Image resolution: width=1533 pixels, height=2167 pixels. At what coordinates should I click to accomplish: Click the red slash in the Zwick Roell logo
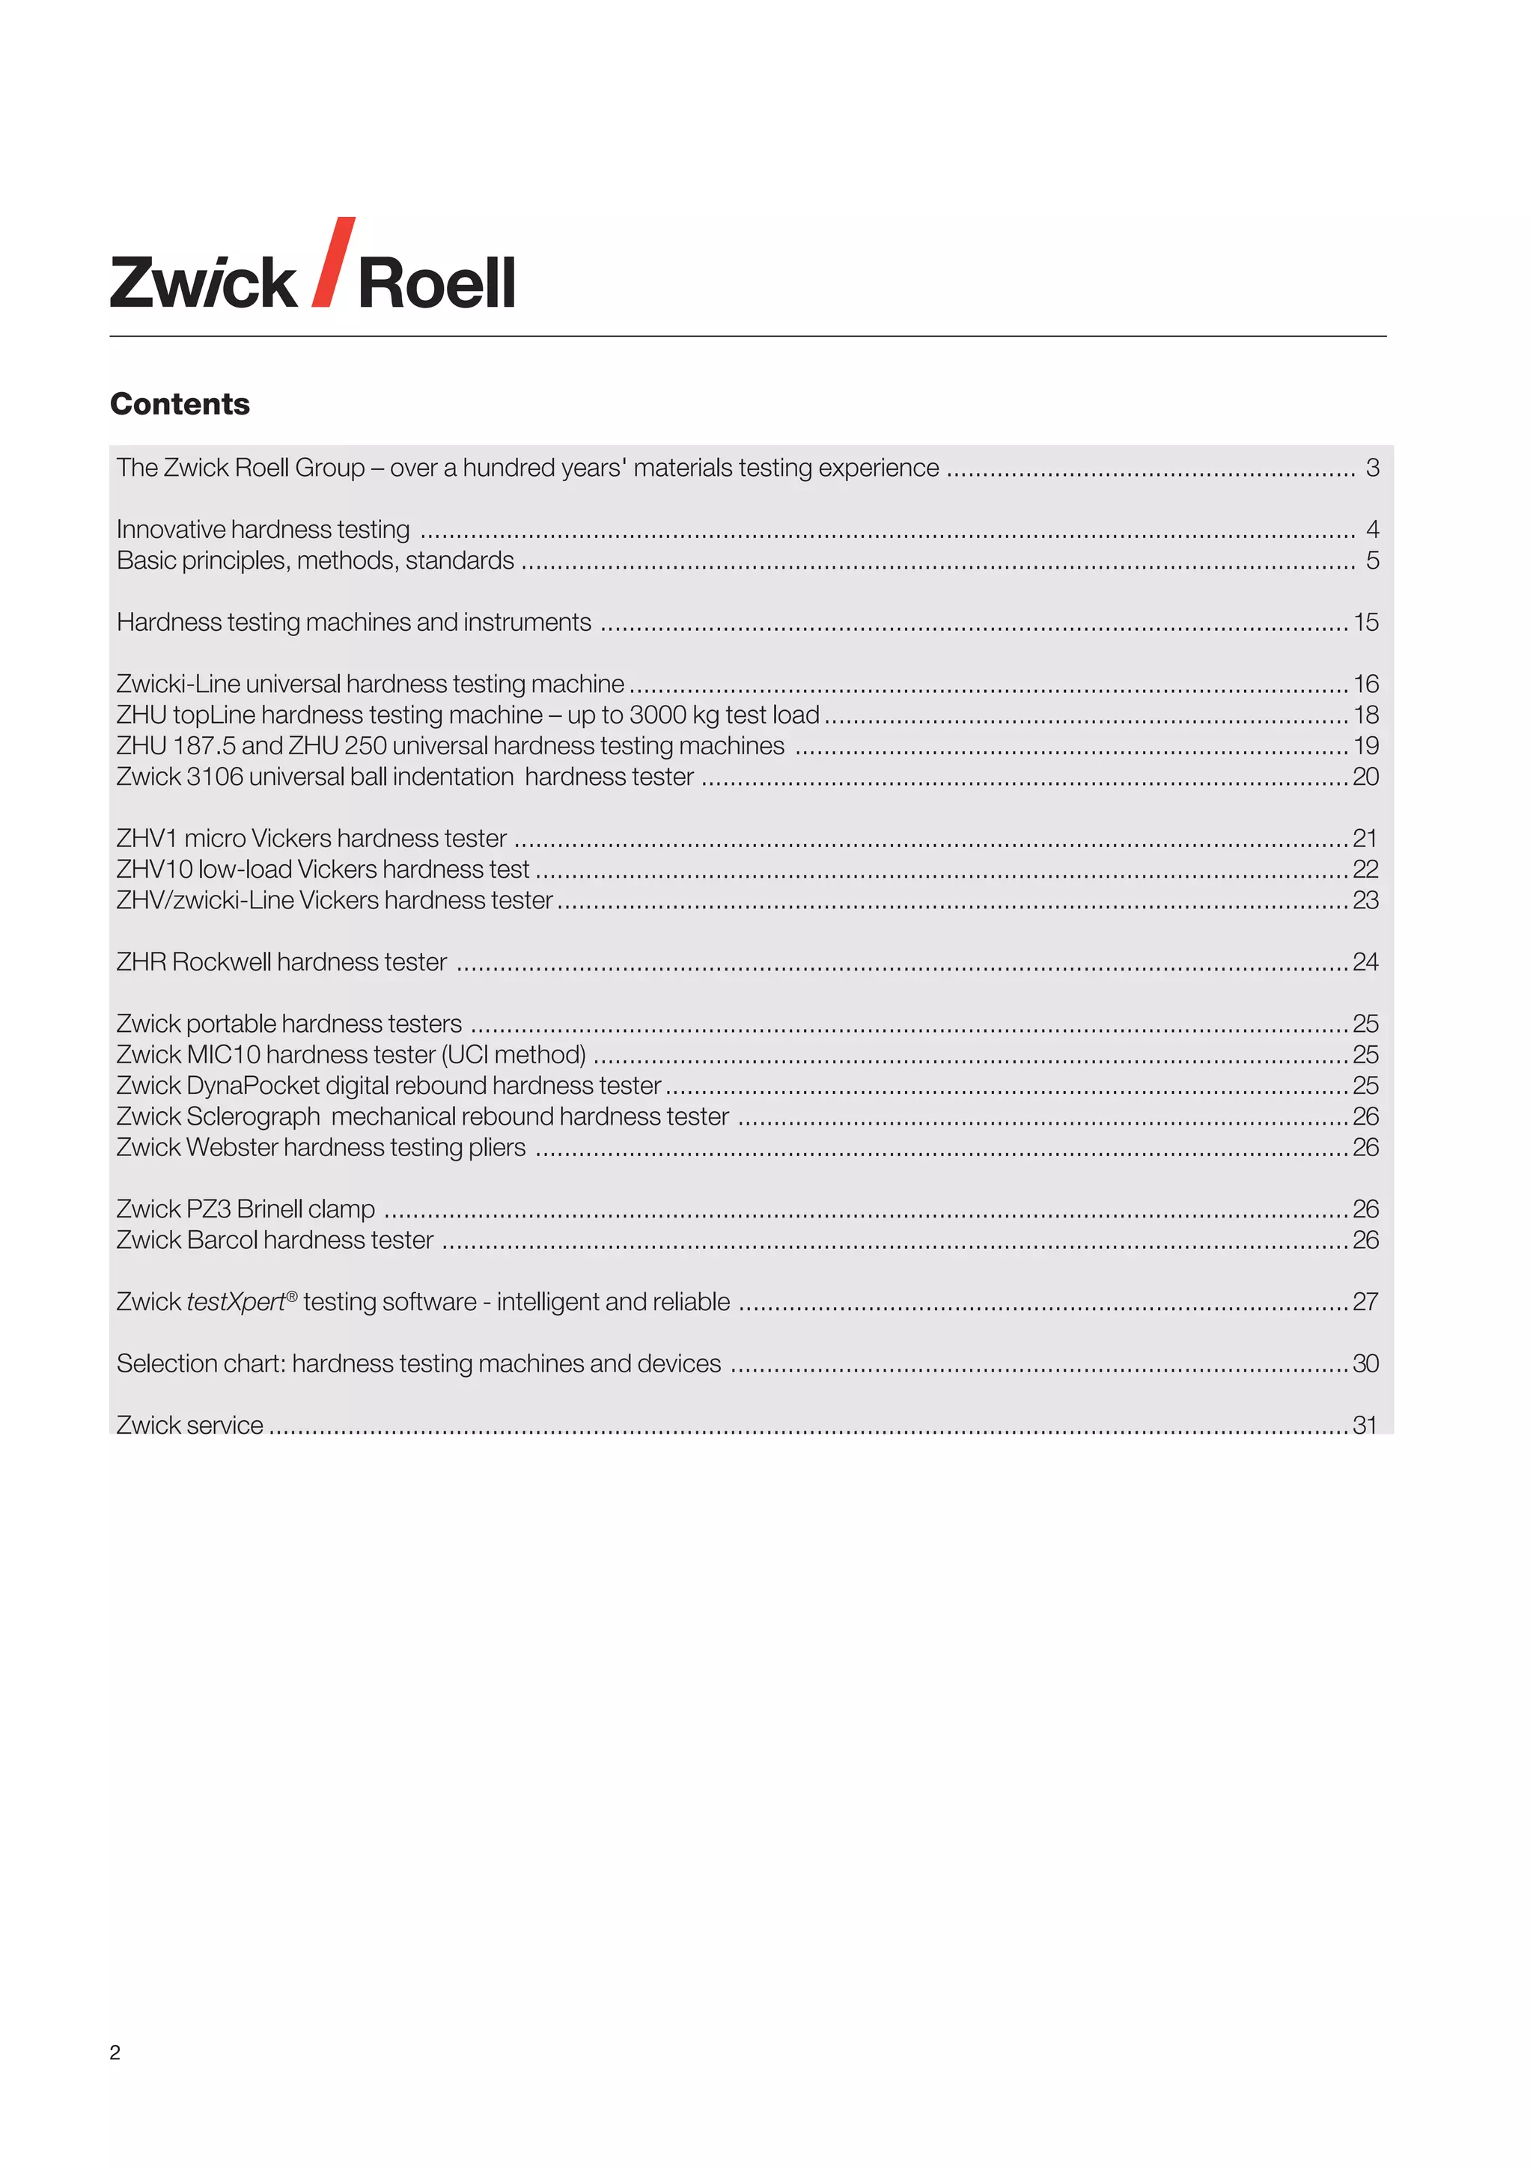[x=332, y=263]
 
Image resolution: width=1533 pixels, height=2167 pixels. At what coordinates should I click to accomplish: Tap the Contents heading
[x=180, y=404]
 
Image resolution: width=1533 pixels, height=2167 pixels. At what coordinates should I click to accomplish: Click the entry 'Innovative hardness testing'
[x=263, y=530]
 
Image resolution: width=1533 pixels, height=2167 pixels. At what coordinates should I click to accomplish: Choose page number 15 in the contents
[x=1366, y=622]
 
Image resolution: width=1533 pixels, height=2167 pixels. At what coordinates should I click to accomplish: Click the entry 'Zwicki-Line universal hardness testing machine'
[x=370, y=683]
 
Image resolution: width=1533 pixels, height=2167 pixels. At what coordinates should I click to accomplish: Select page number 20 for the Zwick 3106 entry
[x=1366, y=777]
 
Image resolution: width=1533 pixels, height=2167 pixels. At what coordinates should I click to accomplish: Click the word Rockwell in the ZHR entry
[x=221, y=962]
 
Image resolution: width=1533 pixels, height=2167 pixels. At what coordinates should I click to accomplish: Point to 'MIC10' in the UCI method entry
[x=223, y=1054]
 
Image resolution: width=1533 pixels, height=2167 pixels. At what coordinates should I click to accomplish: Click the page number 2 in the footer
[x=115, y=2053]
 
